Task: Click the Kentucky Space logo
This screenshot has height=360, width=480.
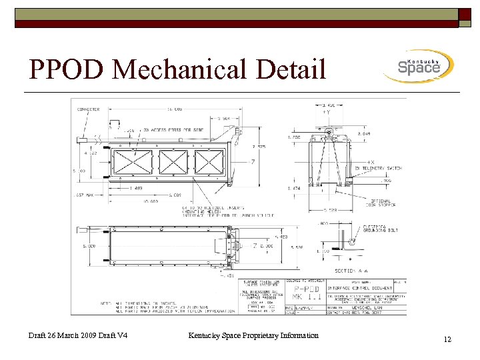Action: click(x=419, y=66)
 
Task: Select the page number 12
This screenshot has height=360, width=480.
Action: click(x=447, y=340)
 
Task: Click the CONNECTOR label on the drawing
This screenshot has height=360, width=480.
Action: click(x=89, y=109)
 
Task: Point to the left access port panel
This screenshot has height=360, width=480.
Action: click(x=133, y=162)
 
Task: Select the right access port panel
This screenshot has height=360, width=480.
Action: click(x=209, y=162)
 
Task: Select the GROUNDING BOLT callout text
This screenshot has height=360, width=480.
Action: click(x=379, y=229)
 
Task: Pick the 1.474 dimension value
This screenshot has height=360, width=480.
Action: click(x=294, y=189)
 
